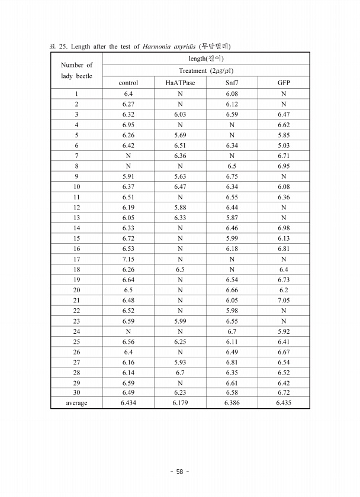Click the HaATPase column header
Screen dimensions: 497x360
180,83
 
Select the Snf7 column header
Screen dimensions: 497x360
232,83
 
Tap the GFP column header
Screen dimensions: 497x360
284,83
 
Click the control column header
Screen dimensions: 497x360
128,83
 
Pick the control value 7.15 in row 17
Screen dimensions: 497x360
128,259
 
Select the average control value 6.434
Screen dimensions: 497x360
128,403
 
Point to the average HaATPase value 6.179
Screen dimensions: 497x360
180,403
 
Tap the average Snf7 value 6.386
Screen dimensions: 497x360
232,403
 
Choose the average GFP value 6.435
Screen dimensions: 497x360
284,403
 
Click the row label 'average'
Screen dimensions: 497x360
76,403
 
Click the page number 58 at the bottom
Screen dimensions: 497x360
179,472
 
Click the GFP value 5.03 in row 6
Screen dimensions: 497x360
284,145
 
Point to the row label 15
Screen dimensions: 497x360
76,238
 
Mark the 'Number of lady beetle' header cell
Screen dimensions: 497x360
76,70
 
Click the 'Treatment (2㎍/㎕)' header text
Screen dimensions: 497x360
205,70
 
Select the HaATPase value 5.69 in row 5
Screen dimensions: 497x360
180,135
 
